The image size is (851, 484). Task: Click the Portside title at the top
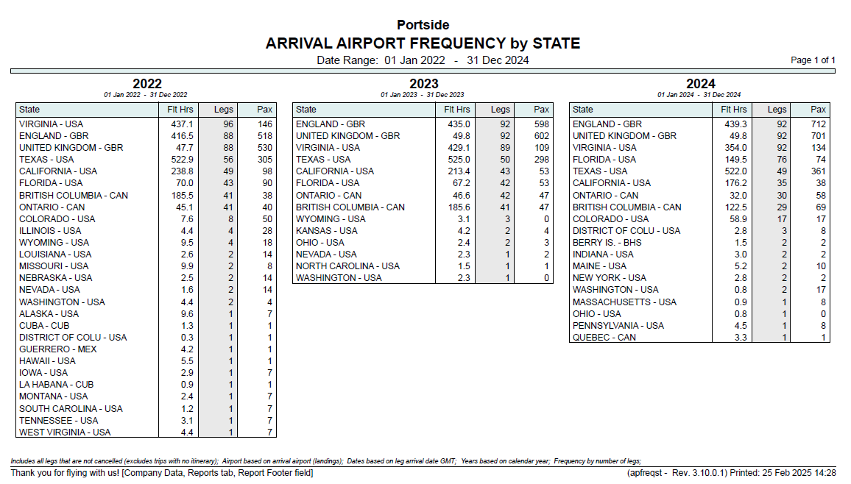(423, 25)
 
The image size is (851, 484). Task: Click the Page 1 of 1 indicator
(813, 60)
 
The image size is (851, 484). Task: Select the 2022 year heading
(147, 83)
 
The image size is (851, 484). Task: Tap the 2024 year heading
(701, 83)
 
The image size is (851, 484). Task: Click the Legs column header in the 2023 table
(501, 110)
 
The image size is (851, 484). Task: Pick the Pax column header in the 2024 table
(818, 110)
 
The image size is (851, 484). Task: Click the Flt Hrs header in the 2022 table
(180, 110)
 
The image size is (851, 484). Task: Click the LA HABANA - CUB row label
(57, 384)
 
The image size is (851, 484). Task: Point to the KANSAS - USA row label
(327, 231)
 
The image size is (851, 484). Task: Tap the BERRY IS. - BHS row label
(607, 243)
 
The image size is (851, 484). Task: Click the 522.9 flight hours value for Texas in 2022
(183, 160)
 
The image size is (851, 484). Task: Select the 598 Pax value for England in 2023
(542, 124)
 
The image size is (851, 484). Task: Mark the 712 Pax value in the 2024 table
(819, 124)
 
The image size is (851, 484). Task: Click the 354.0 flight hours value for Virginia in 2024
(736, 147)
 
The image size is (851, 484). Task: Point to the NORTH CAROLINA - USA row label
(348, 266)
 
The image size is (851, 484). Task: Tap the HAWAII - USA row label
(47, 361)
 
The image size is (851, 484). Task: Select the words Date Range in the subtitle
(347, 60)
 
